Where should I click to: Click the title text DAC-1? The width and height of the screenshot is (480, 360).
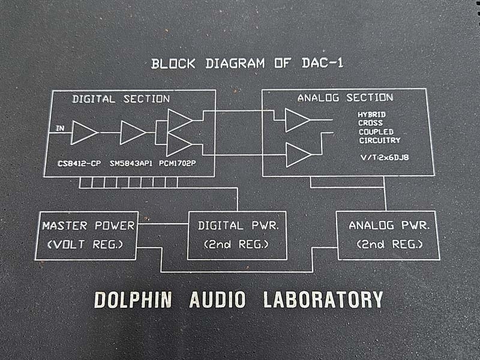tap(322, 63)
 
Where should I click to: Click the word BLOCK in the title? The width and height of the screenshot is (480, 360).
tap(173, 64)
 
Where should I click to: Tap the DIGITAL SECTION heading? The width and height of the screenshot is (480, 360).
tap(121, 99)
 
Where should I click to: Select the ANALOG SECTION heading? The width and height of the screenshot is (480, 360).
tap(346, 98)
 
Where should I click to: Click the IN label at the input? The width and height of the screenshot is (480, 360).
tap(61, 128)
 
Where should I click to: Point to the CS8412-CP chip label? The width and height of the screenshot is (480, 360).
tap(79, 163)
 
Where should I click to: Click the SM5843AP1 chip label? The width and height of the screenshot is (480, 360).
tap(131, 163)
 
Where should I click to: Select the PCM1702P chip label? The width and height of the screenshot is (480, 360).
tap(177, 163)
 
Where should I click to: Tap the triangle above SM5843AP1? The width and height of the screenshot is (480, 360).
tap(133, 133)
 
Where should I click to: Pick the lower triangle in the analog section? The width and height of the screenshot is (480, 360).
tap(298, 155)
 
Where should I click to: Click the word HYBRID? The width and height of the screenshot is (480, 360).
tap(371, 115)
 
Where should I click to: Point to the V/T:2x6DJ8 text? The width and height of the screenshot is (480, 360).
tap(385, 158)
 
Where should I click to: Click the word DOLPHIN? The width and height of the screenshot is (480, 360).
tap(133, 299)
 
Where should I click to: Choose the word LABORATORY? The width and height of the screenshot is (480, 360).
tap(323, 299)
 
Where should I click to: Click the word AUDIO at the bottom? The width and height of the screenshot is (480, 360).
tap(217, 299)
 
